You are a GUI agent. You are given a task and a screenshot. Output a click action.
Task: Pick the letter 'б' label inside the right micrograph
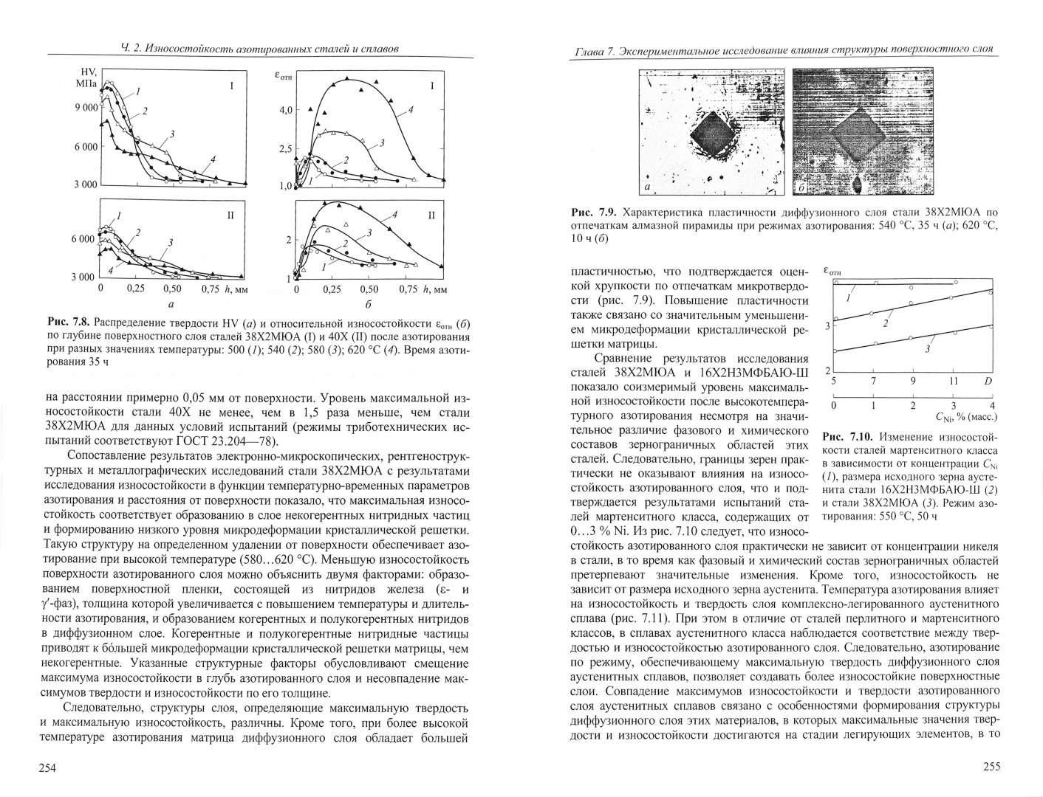tap(803, 190)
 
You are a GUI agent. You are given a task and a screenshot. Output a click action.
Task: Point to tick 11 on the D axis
tap(953, 382)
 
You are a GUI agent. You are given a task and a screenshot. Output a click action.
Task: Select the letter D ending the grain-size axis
tap(988, 382)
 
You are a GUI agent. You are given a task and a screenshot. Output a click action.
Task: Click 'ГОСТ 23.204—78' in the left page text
tap(225, 441)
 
